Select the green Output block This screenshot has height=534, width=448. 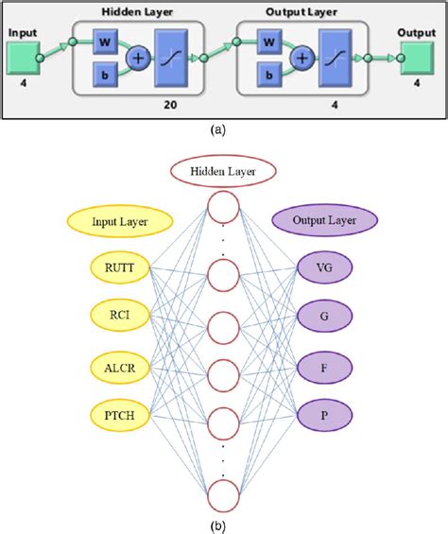click(417, 61)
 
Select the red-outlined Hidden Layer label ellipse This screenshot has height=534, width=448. click(224, 171)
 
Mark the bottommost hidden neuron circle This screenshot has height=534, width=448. click(224, 494)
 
